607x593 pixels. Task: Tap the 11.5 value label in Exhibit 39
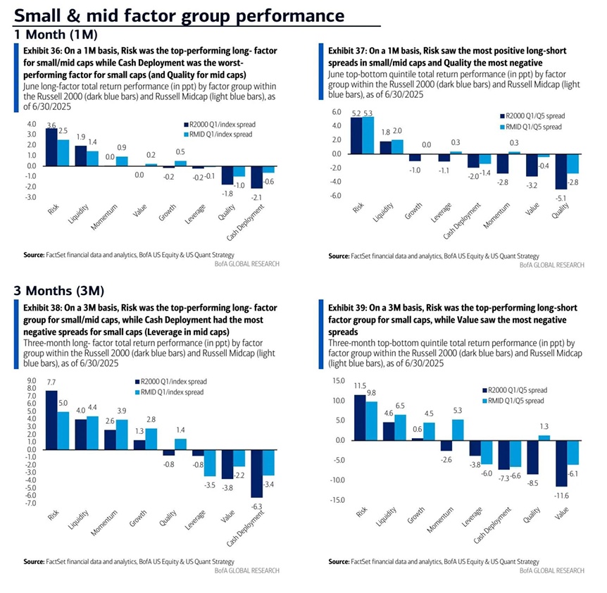(359, 386)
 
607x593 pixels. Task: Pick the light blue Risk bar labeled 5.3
(368, 135)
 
